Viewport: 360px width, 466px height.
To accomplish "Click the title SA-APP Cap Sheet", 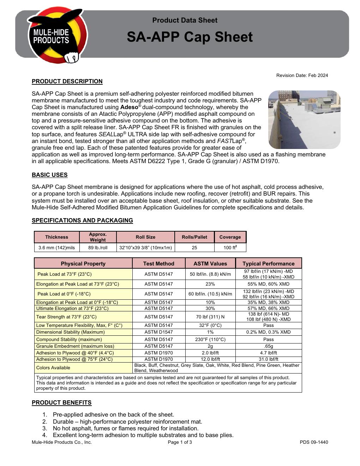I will coord(190,37).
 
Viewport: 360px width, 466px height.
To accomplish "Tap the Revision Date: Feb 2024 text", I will coord(302,75).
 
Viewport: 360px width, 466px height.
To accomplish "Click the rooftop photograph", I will coord(304,119).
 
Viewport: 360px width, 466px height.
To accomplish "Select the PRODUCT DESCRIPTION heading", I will coord(67,82).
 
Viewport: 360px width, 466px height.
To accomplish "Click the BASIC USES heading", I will coord(49,175).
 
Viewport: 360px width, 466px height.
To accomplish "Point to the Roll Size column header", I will coord(145,237).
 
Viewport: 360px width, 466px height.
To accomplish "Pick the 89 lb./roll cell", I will coord(98,248).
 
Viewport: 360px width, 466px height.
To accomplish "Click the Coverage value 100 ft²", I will coord(230,248).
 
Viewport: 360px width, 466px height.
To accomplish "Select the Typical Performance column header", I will coord(268,264).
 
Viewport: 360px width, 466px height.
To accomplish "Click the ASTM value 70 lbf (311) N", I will coord(210,317).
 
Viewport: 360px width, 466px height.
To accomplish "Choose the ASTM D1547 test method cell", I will coord(159,332).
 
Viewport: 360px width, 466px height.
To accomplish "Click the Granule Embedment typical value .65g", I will coord(268,346).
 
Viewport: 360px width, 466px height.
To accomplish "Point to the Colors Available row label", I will coord(53,368).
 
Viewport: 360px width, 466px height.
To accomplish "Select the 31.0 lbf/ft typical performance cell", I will coord(268,359).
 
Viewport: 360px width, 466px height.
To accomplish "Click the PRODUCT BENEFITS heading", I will coord(61,403).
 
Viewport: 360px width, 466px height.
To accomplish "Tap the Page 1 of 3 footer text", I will coord(180,442).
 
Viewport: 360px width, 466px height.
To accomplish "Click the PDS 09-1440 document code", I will coord(314,442).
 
